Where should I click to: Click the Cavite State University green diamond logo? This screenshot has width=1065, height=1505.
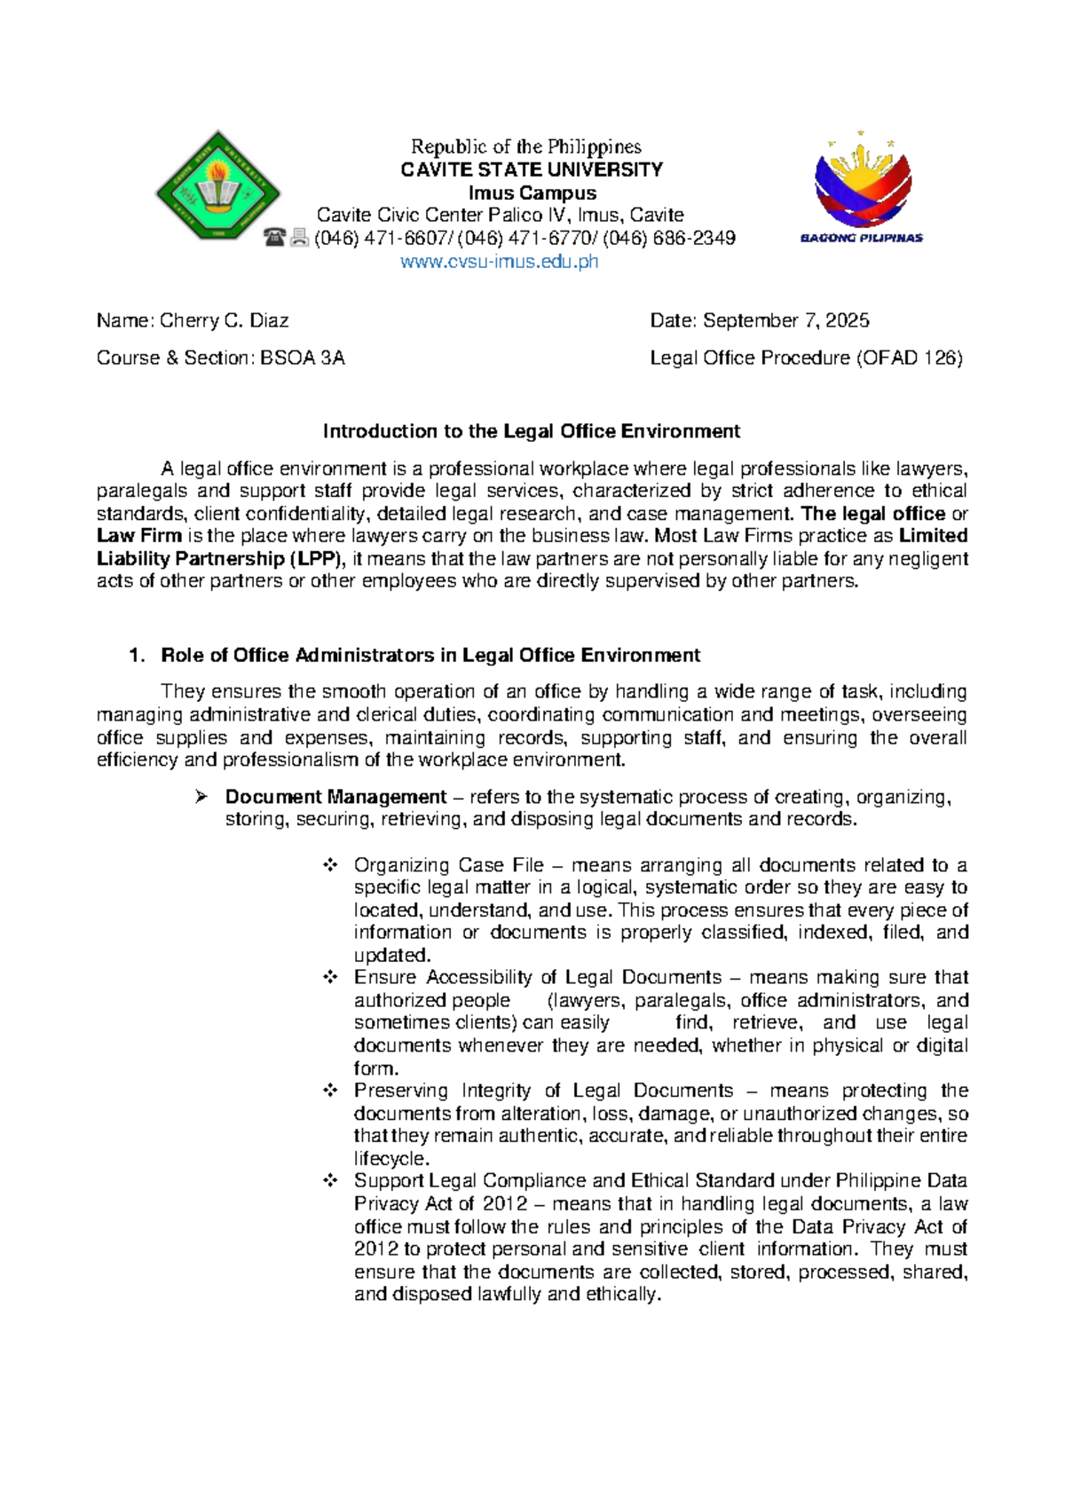[x=217, y=185]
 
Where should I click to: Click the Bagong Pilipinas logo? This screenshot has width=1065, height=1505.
[x=862, y=187]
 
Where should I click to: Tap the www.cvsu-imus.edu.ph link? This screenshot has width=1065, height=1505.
[x=500, y=262]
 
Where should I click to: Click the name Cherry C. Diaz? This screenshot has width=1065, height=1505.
[x=224, y=320]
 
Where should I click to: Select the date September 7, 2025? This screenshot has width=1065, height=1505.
[x=785, y=320]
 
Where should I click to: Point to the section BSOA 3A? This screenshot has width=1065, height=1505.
[x=302, y=358]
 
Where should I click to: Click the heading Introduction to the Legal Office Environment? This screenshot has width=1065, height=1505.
[x=531, y=431]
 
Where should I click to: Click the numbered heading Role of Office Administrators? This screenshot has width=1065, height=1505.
[x=430, y=655]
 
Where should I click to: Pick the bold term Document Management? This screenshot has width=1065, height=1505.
[x=335, y=797]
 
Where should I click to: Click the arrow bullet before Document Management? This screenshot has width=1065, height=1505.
[x=201, y=797]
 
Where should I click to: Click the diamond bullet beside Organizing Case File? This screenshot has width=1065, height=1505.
[x=330, y=865]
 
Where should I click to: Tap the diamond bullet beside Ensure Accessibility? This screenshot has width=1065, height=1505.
[x=330, y=977]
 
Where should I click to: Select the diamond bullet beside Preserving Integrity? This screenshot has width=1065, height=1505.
[x=330, y=1091]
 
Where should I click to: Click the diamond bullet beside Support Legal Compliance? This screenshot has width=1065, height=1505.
[x=330, y=1181]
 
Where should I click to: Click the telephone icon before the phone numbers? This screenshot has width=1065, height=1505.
[x=274, y=238]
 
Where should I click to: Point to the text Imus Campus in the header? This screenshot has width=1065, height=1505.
[x=532, y=193]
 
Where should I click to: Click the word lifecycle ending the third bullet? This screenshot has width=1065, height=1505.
[x=390, y=1159]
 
